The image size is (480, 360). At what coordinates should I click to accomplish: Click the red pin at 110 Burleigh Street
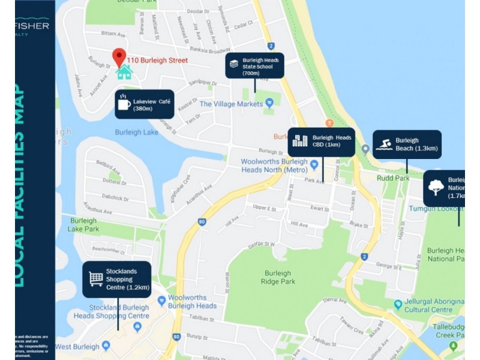tap(119, 56)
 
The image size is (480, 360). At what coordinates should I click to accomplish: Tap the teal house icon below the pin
tap(124, 73)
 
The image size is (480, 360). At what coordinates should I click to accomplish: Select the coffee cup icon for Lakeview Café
tap(124, 104)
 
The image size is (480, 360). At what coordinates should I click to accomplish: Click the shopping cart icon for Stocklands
tap(95, 278)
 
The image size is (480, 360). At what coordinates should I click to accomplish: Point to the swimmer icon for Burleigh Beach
tap(384, 145)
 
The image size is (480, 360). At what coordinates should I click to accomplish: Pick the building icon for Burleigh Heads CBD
tap(300, 141)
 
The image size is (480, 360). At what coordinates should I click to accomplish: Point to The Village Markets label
tap(231, 104)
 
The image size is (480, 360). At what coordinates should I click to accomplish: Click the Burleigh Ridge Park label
tap(279, 277)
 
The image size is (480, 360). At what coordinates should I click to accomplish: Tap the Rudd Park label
tap(393, 178)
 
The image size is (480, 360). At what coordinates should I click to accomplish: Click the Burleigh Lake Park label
tap(83, 224)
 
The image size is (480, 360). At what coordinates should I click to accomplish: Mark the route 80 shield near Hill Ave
tap(201, 222)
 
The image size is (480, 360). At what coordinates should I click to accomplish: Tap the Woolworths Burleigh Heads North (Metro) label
tap(274, 166)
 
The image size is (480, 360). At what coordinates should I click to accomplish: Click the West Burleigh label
tap(79, 347)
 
